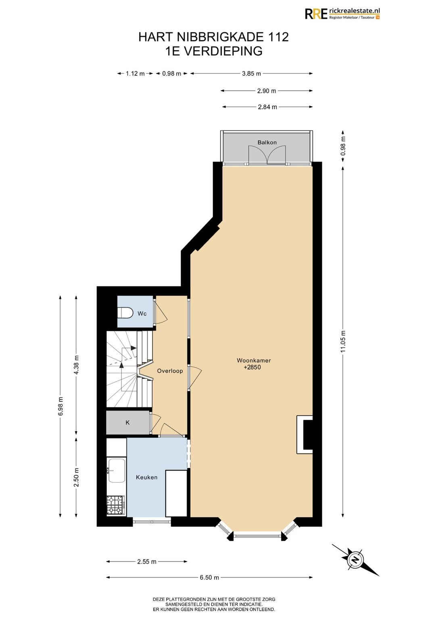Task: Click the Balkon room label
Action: pyautogui.click(x=267, y=143)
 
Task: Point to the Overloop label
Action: pyautogui.click(x=170, y=371)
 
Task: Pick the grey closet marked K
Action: pyautogui.click(x=128, y=422)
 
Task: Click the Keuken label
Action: pyautogui.click(x=146, y=477)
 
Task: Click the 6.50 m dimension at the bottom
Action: pyautogui.click(x=209, y=577)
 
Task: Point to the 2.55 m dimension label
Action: pyautogui.click(x=147, y=561)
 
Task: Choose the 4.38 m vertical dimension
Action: pyautogui.click(x=77, y=364)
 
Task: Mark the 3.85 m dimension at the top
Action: pyautogui.click(x=251, y=73)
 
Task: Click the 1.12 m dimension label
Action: pyautogui.click(x=135, y=73)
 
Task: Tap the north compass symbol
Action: pyautogui.click(x=355, y=561)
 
